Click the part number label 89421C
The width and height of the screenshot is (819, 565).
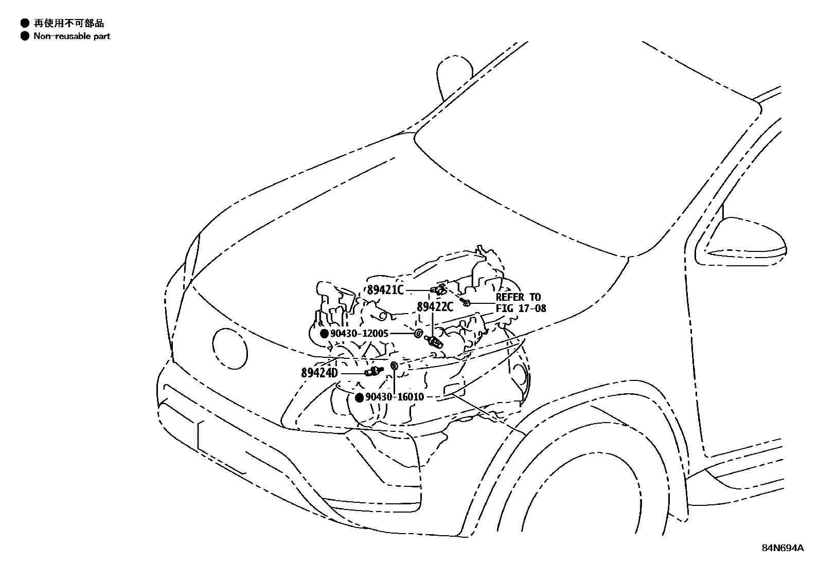tap(385, 290)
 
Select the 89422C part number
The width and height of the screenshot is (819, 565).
tap(435, 307)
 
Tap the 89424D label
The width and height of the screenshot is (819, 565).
tap(319, 372)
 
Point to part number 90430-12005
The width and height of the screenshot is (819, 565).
tap(359, 334)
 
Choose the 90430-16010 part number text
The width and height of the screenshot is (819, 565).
tap(395, 397)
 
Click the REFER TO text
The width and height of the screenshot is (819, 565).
tap(518, 297)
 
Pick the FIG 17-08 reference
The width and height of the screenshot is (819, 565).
tap(521, 308)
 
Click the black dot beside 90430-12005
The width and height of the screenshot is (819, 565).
tap(324, 334)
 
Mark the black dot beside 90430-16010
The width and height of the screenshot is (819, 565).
tap(360, 397)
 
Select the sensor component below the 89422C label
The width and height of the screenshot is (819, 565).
tap(435, 342)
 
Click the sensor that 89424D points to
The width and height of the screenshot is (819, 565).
tap(374, 371)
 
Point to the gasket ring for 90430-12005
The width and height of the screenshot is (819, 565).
tap(418, 334)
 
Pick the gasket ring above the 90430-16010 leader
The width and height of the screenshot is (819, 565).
tap(394, 366)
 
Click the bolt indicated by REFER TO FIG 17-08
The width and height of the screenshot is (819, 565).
tap(466, 302)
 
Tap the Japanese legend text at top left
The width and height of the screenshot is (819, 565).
tap(68, 23)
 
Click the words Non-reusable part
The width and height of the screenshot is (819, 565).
tap(72, 36)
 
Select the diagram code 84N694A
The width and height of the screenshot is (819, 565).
tap(782, 548)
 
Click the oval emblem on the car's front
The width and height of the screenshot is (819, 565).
tap(229, 348)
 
